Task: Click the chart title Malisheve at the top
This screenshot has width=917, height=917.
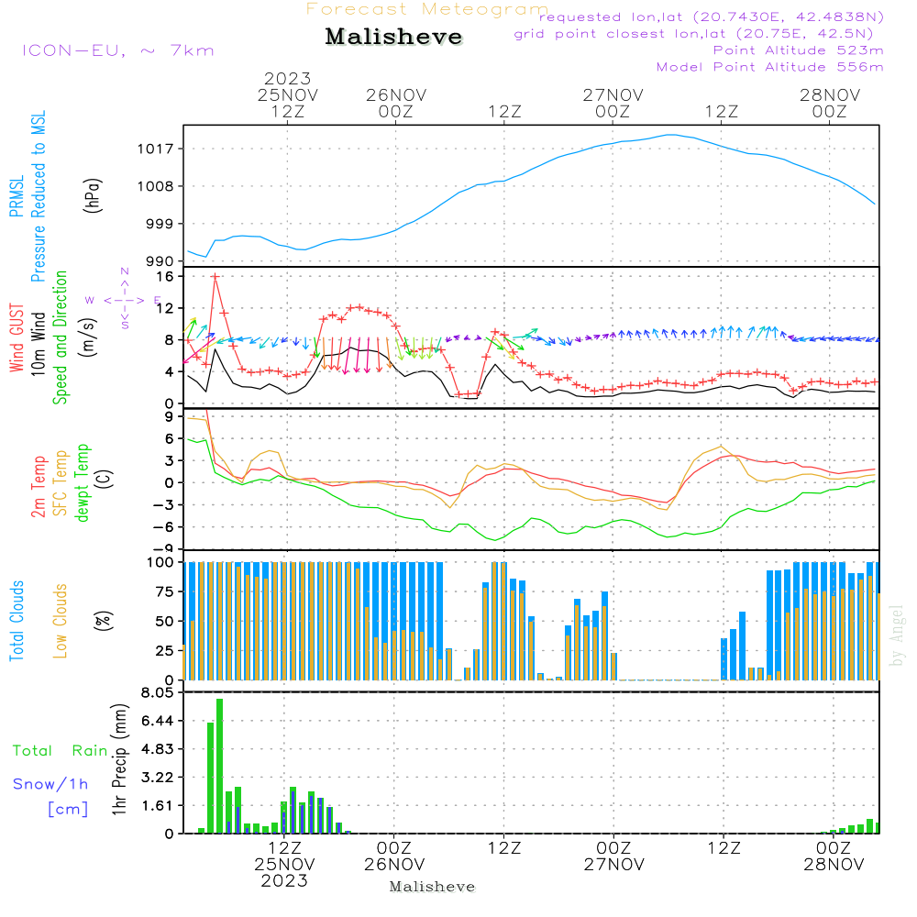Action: (393, 37)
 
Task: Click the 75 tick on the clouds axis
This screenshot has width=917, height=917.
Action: (167, 591)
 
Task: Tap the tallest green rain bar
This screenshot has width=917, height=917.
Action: (219, 766)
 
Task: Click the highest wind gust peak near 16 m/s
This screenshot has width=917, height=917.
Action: (215, 275)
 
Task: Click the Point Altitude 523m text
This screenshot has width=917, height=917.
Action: (798, 50)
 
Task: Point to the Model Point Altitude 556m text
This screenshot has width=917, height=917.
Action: (769, 67)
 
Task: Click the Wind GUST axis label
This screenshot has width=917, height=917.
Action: (17, 339)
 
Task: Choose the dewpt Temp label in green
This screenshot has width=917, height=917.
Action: (83, 482)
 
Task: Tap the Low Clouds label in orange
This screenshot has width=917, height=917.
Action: (61, 620)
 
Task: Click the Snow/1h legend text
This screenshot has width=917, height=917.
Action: (51, 784)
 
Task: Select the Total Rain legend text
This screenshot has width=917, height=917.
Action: (60, 750)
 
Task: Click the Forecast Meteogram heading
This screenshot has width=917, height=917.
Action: (427, 9)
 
